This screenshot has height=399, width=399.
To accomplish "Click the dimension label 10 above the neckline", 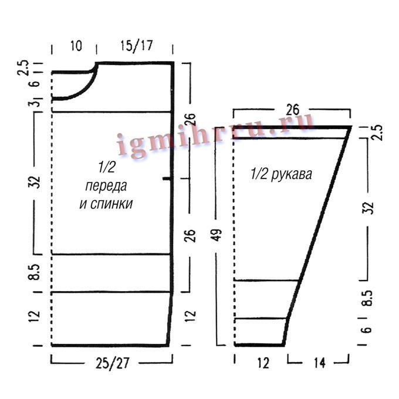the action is tap(76, 46).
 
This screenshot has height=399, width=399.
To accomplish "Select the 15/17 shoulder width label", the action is tap(136, 46).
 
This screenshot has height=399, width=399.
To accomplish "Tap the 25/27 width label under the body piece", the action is tap(113, 363).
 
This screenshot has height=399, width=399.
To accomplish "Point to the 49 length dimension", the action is tap(217, 235).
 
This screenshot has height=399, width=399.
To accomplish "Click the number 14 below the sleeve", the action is tap(320, 363).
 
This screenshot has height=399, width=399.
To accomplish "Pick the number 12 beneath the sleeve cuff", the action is tap(263, 363).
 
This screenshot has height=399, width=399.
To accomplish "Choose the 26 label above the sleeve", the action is tap(293, 110).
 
